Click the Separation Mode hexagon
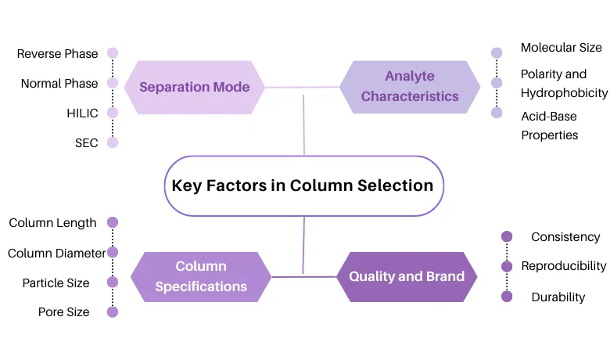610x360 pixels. pyautogui.click(x=194, y=87)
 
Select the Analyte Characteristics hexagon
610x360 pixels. pyautogui.click(x=410, y=87)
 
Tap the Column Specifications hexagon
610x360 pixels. pyautogui.click(x=201, y=277)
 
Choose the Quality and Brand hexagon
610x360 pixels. pyautogui.click(x=407, y=276)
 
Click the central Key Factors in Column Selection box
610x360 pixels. pyautogui.click(x=303, y=185)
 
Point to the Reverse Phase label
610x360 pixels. pyautogui.click(x=58, y=54)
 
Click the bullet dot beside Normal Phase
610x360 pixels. pyautogui.click(x=113, y=83)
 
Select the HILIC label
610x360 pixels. pyautogui.click(x=82, y=113)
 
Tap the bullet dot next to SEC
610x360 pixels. pyautogui.click(x=113, y=142)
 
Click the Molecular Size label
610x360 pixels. pyautogui.click(x=562, y=48)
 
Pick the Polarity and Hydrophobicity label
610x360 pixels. pyautogui.click(x=564, y=84)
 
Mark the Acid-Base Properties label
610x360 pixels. pyautogui.click(x=550, y=124)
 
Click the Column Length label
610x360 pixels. pyautogui.click(x=53, y=223)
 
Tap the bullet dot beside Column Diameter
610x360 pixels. pyautogui.click(x=113, y=252)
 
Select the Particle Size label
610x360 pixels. pyautogui.click(x=56, y=283)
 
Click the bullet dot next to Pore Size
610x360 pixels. pyautogui.click(x=113, y=311)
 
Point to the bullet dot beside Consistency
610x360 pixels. pyautogui.click(x=507, y=236)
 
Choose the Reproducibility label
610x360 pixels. pyautogui.click(x=564, y=266)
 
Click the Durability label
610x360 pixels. pyautogui.click(x=558, y=297)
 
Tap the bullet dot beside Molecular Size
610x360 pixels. pyautogui.click(x=497, y=53)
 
